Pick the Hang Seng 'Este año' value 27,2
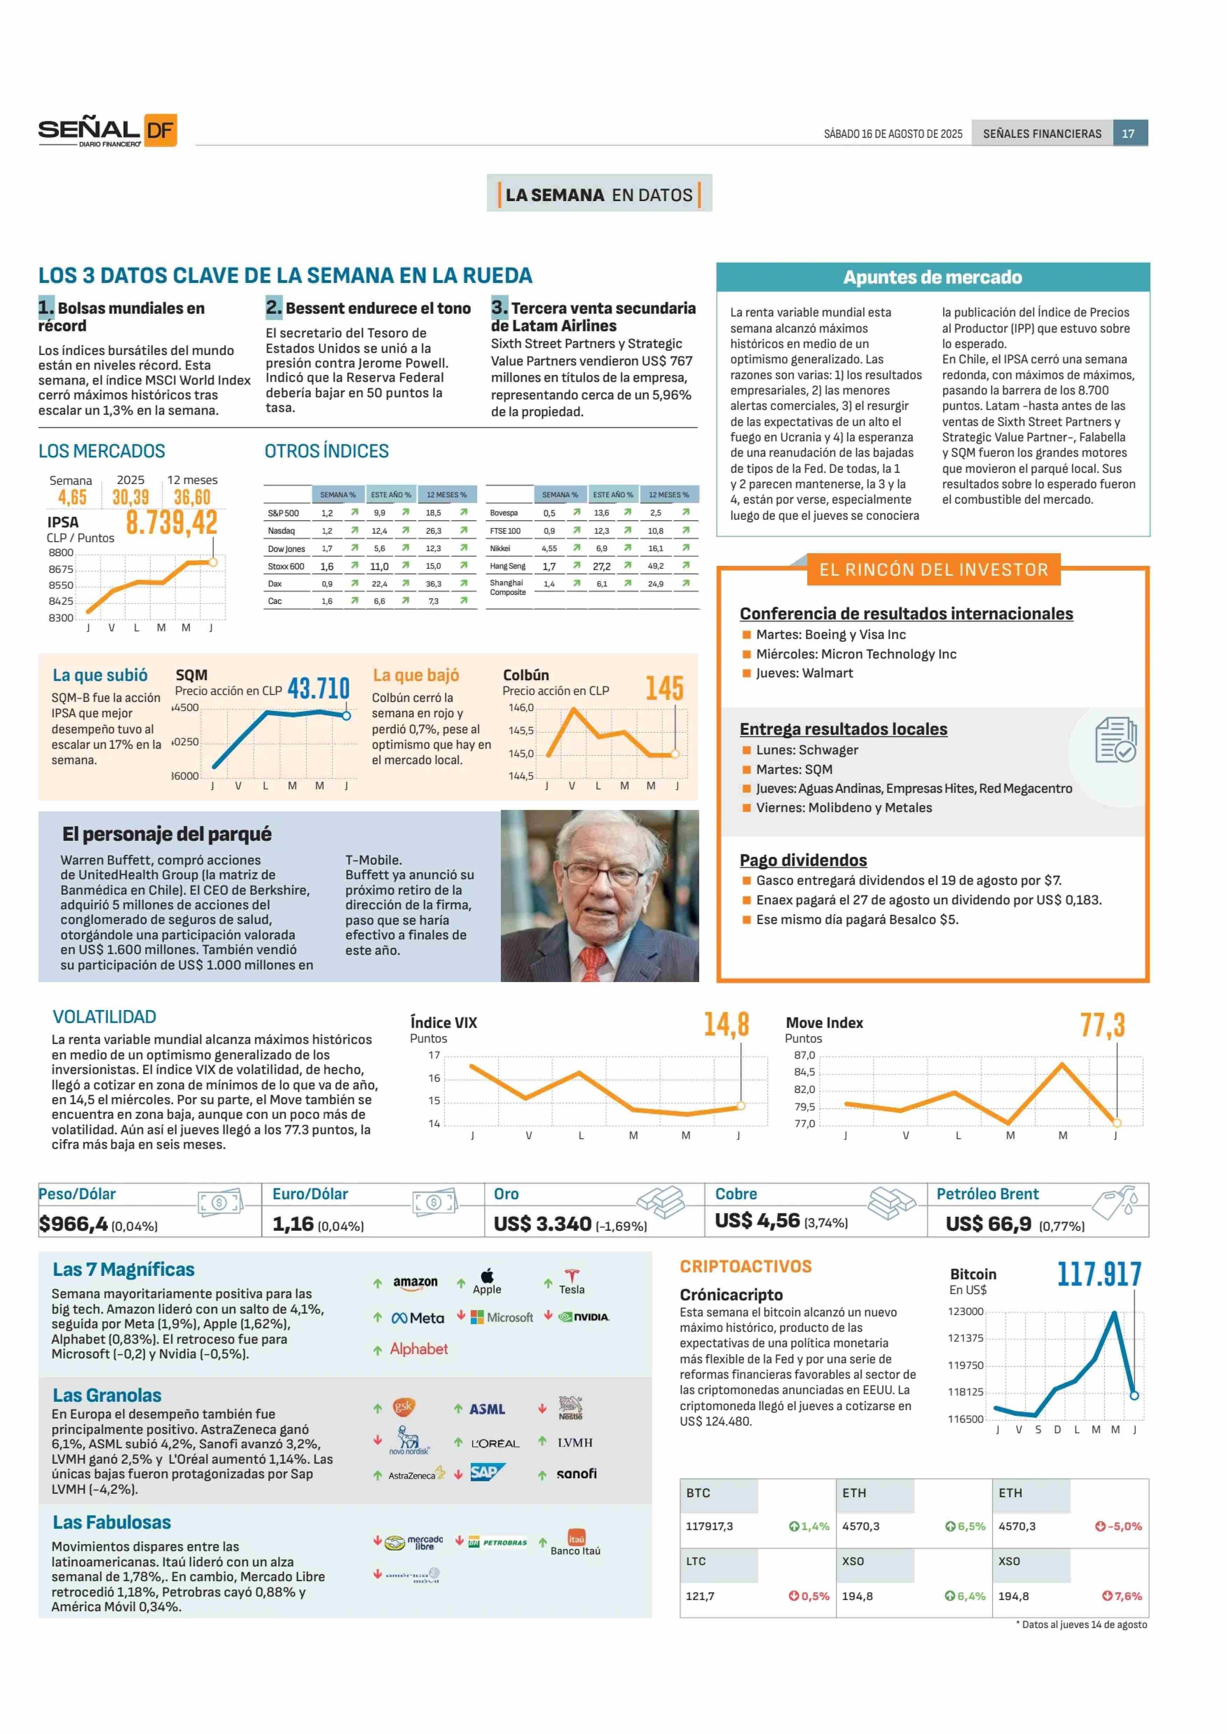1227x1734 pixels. point(601,566)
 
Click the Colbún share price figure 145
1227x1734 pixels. point(664,688)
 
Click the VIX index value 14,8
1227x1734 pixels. point(726,1024)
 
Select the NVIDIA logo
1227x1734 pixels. point(584,1317)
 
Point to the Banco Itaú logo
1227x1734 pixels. point(576,1543)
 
